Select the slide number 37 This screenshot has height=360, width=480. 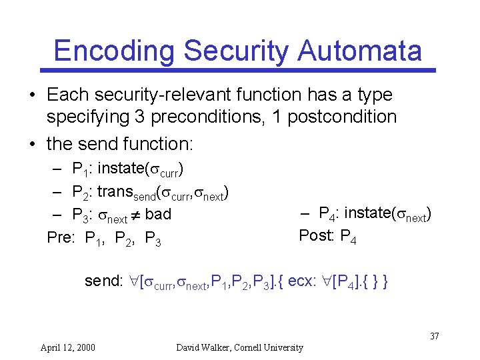pyautogui.click(x=434, y=335)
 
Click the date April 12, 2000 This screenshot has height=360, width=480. pyautogui.click(x=67, y=347)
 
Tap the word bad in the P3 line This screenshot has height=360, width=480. pyautogui.click(x=158, y=214)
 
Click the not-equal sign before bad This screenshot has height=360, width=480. pyautogui.click(x=135, y=215)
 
